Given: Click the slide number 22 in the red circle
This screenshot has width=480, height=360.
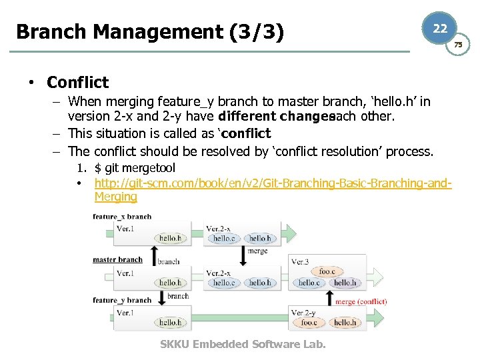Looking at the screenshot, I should [x=440, y=29].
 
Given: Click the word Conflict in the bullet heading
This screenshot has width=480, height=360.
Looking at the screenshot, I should [x=77, y=83].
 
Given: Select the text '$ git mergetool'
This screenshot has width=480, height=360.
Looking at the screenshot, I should [x=135, y=168].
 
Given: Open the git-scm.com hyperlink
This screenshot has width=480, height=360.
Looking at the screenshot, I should [x=273, y=183].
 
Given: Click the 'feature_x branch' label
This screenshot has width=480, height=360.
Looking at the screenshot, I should [x=122, y=216].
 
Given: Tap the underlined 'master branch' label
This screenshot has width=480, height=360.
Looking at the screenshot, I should [x=117, y=259].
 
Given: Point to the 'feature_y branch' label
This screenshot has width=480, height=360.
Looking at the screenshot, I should [x=122, y=300].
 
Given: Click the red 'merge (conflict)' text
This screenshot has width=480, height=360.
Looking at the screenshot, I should [x=361, y=301].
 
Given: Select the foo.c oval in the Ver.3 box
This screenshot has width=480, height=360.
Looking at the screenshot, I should [x=327, y=271].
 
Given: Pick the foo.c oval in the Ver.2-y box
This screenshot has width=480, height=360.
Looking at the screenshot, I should [x=309, y=323].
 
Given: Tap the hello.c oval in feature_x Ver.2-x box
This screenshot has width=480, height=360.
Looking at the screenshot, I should [x=223, y=239].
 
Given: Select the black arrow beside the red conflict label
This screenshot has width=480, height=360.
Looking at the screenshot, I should [x=328, y=299].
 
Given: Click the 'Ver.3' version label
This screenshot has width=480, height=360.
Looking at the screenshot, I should [x=301, y=261].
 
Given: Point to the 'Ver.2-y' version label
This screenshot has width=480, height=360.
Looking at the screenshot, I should [x=304, y=313].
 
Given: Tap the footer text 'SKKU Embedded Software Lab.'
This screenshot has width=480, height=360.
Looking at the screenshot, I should [x=243, y=344].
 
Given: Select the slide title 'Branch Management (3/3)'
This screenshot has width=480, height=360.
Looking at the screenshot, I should [x=149, y=32].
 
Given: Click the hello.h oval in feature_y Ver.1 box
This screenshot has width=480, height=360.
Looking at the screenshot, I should [x=170, y=323].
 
